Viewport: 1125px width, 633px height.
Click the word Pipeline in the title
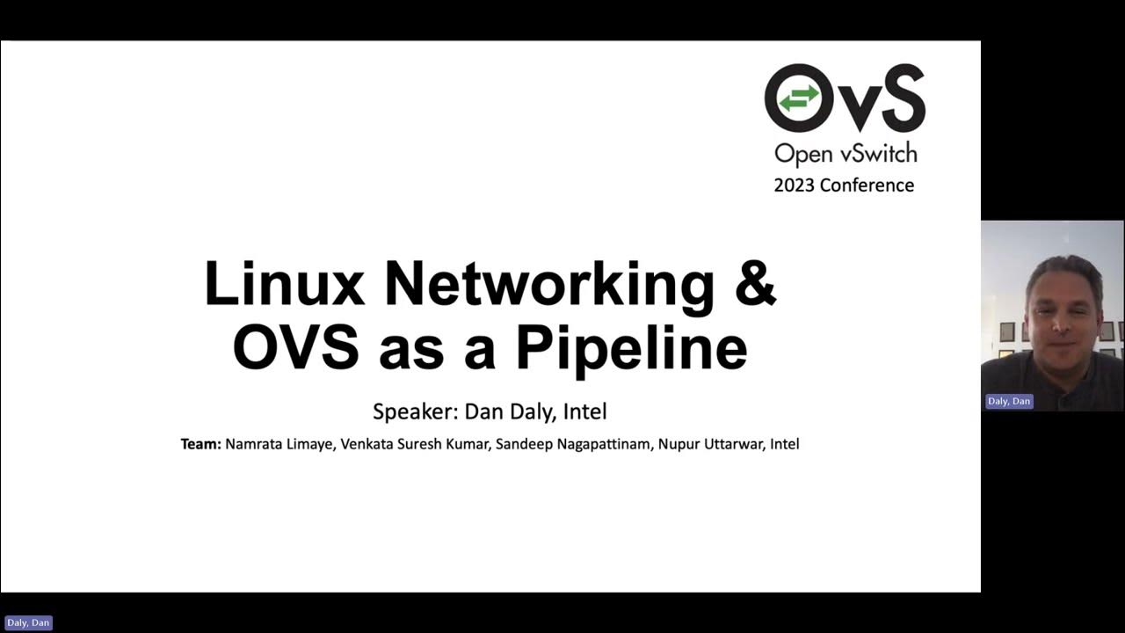[631, 349]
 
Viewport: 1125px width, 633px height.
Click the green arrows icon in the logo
[799, 98]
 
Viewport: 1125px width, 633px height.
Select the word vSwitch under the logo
[875, 154]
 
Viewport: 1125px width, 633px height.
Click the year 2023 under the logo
[794, 186]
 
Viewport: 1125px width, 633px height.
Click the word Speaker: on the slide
[414, 411]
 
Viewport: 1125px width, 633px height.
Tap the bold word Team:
[200, 444]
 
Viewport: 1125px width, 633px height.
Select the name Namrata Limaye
[279, 444]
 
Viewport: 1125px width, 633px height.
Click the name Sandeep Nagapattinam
[574, 444]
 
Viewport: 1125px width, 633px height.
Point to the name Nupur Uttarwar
[709, 444]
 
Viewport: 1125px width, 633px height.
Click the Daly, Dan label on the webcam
[1008, 401]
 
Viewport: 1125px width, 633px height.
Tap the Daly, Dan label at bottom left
[28, 622]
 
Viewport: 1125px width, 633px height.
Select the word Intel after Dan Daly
[585, 411]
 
